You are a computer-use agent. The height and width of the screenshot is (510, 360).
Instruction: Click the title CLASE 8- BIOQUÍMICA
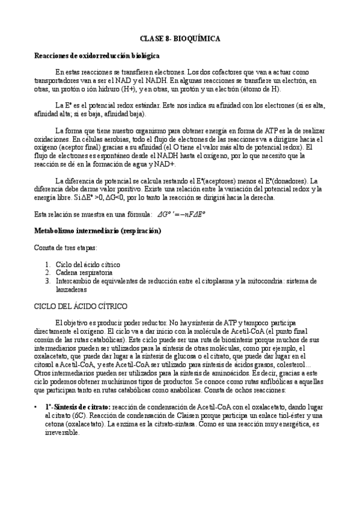[x=180, y=38]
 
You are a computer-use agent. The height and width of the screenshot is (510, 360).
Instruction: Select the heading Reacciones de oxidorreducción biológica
[x=97, y=55]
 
